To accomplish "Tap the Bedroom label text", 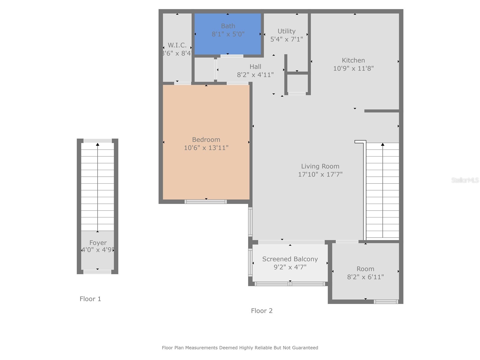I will [x=206, y=139].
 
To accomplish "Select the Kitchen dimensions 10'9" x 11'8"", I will [x=353, y=68].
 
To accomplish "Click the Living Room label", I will [x=320, y=166].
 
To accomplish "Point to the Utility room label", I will [x=286, y=31].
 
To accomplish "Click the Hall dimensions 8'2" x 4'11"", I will [x=255, y=75].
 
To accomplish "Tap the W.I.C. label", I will [x=177, y=45].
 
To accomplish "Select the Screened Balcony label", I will [x=290, y=259].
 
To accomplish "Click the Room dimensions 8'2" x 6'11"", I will [x=365, y=277].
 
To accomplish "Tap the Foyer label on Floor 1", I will [x=98, y=243].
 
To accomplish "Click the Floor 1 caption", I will [x=90, y=299].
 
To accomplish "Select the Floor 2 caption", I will [x=262, y=311].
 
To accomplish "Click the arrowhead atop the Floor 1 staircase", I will [x=97, y=145].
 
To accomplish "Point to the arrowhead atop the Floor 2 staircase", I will [x=382, y=145].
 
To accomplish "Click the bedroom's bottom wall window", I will [x=205, y=202].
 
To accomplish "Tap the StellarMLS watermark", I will [x=465, y=180].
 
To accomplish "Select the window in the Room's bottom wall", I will [x=386, y=302].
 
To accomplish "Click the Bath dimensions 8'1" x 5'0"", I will [x=228, y=34].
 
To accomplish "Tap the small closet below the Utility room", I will [x=297, y=83].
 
